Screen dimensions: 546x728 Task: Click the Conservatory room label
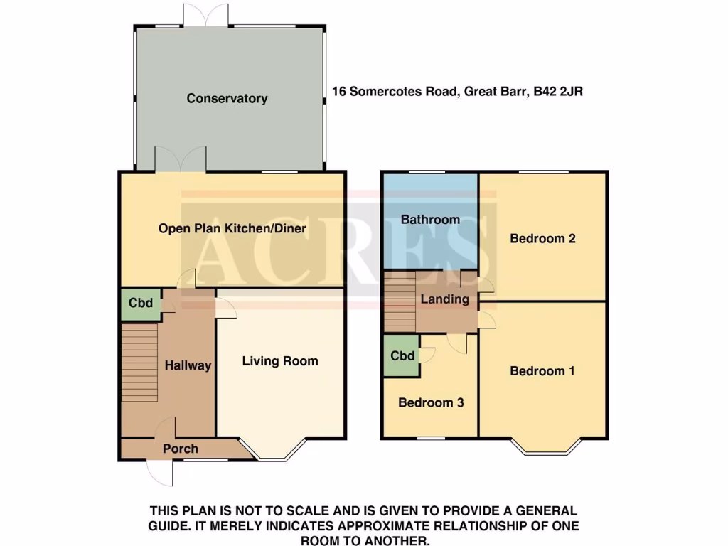pos(227,99)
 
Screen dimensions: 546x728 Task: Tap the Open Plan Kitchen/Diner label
pos(232,228)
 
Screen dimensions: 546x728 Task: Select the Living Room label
pos(280,361)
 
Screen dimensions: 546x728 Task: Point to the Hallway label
pos(188,365)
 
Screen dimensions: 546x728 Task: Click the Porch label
pos(181,449)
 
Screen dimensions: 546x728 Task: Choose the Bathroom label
pos(430,220)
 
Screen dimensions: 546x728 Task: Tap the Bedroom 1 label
pos(542,371)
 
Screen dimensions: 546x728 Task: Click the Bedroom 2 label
pos(542,238)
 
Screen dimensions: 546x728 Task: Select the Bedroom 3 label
pos(431,403)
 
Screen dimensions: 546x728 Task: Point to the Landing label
pos(445,299)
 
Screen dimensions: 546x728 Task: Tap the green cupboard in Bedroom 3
pos(402,356)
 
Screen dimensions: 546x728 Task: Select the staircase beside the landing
pos(400,301)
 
